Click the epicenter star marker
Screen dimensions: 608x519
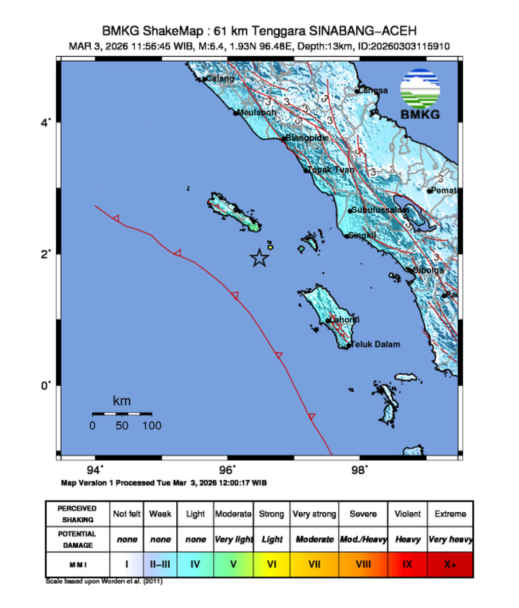point(259,258)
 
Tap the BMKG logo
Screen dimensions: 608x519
point(420,94)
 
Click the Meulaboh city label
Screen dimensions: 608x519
point(257,112)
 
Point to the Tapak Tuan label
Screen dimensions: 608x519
point(331,170)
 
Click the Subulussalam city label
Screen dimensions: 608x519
point(380,210)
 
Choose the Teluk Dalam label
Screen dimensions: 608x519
point(376,345)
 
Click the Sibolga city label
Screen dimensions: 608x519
point(428,270)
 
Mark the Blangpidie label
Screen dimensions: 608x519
point(307,138)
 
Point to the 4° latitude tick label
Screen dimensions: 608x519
point(45,123)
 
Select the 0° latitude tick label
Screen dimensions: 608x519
point(45,386)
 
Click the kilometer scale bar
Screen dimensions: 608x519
point(122,414)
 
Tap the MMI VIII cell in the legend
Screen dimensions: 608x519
point(363,564)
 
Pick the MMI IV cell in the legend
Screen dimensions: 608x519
point(195,564)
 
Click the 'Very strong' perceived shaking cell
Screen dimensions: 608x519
point(314,514)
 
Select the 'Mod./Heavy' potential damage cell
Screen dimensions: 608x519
point(363,539)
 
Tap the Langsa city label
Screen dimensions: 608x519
point(373,91)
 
